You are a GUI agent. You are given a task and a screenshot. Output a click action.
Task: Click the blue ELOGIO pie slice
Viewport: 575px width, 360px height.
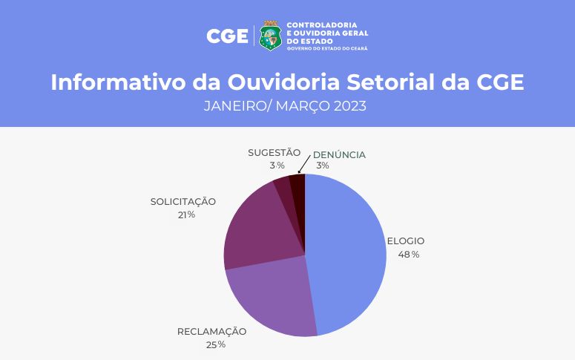345,253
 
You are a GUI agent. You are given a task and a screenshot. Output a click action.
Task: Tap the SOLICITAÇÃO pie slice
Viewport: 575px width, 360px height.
260,228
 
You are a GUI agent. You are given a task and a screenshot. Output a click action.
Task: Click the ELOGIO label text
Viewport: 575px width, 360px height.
406,241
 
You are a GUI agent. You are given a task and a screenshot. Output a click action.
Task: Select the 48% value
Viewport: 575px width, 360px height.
409,255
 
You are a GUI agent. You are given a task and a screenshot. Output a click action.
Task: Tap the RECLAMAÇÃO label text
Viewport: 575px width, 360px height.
211,330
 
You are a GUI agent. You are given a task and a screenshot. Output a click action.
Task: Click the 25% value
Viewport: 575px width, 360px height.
216,344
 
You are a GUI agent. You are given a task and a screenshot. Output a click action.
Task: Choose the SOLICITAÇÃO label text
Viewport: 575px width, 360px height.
183,200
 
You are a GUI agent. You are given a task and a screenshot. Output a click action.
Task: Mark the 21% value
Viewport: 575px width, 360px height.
186,215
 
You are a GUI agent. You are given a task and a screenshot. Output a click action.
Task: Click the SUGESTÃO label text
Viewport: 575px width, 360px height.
275,152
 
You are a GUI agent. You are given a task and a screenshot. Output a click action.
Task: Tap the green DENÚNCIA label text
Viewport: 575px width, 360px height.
339,154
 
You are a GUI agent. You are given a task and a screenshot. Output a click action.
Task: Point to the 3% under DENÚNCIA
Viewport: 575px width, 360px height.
323,166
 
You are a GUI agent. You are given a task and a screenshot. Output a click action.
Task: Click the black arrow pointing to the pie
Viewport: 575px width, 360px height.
304,164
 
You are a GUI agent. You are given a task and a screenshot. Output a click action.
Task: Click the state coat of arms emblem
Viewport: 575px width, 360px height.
270,36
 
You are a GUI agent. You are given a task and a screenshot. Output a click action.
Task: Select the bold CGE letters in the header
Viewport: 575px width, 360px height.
227,36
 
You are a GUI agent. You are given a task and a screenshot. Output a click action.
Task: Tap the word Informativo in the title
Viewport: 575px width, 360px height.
119,82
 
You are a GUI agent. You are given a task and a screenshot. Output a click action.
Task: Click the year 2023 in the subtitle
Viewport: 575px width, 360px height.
350,106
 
